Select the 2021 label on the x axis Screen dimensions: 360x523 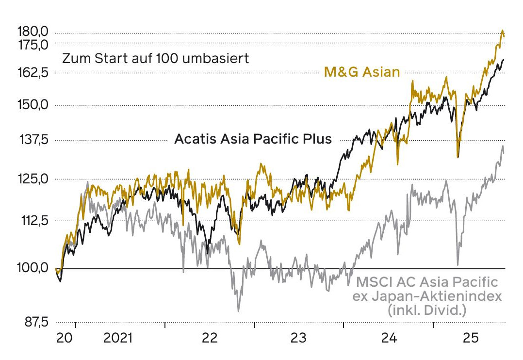118,339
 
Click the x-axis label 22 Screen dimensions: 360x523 210,339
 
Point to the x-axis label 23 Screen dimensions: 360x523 299,339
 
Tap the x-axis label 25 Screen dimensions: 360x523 471,339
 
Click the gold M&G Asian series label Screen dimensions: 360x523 362,73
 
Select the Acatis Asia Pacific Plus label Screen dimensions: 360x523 253,139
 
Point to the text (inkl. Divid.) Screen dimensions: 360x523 426,310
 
